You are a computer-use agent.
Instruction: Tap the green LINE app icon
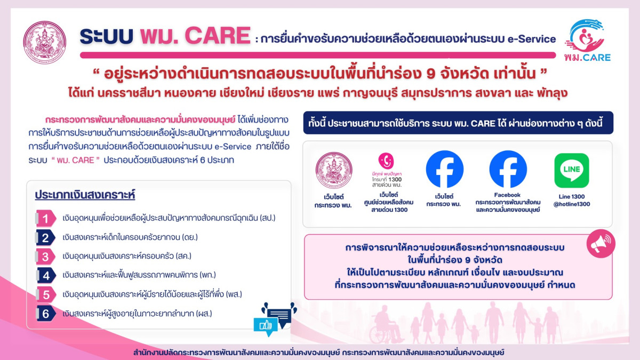pos(571,170)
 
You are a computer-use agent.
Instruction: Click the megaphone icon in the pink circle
pos(601,244)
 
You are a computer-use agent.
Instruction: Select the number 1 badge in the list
pos(46,219)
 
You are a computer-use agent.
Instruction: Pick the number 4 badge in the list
pos(46,275)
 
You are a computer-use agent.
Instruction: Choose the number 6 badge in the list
pos(46,314)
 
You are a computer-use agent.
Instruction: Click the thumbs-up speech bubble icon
pos(266,326)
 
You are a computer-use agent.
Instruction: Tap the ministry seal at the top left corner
pos(45,42)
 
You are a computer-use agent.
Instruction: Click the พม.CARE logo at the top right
pos(587,41)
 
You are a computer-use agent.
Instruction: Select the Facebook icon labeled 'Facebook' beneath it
pos(508,169)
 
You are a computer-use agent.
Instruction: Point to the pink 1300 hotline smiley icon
pos(386,161)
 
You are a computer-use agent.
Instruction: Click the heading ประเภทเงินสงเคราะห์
pos(85,195)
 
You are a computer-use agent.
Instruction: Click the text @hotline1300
pos(571,204)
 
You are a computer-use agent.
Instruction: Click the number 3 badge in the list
pos(46,257)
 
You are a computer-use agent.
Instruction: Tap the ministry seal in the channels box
pos(334,170)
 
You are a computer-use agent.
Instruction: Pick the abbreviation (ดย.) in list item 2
pos(190,237)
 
